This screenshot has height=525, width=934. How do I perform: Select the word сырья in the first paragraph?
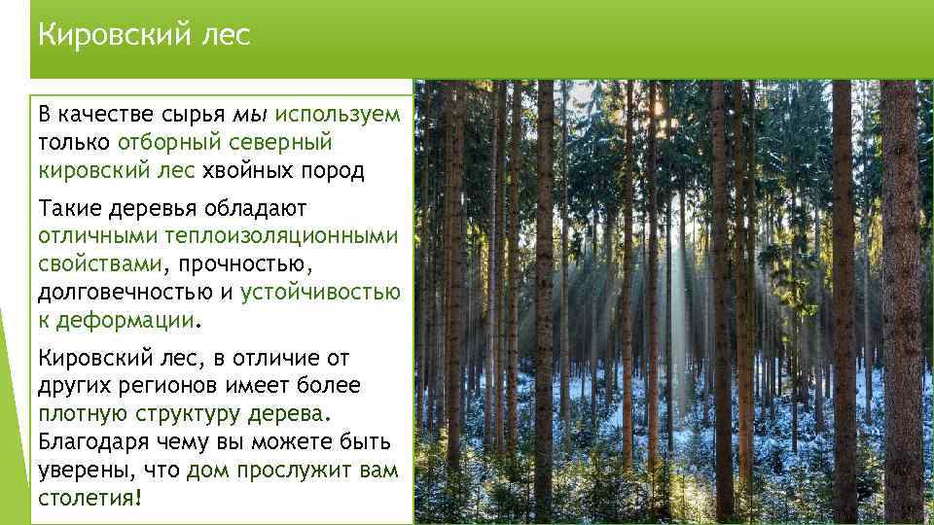pos(190,115)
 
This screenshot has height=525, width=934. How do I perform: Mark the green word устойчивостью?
pos(320,293)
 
